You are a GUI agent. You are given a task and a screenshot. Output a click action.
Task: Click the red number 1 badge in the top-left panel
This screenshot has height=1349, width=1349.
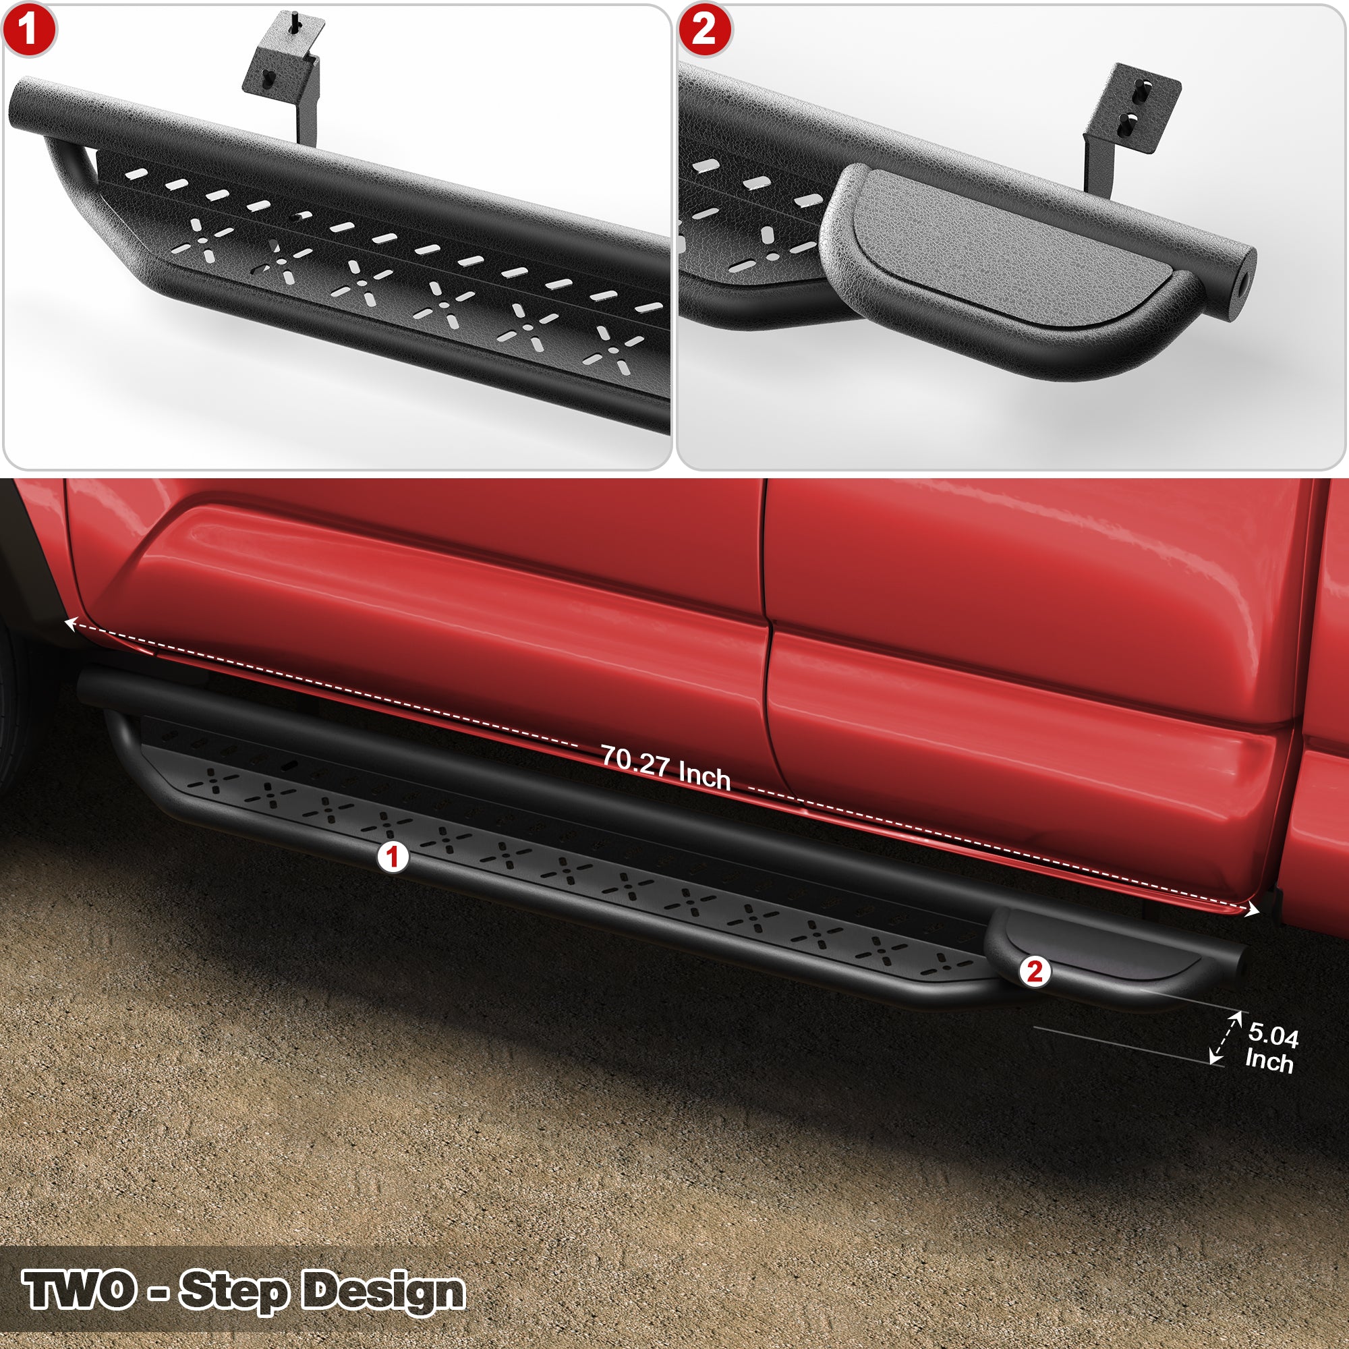tap(28, 30)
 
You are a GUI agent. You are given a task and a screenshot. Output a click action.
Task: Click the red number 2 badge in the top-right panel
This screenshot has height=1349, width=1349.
tap(704, 30)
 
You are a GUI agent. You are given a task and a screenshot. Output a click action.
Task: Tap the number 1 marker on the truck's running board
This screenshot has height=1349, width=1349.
tap(393, 857)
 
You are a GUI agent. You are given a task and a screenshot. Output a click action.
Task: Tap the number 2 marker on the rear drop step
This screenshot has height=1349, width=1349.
tap(1035, 971)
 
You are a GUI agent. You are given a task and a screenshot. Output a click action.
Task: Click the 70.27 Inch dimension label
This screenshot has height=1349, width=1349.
tap(666, 768)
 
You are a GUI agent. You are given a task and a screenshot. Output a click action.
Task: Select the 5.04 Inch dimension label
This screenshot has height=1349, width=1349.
tap(1271, 1048)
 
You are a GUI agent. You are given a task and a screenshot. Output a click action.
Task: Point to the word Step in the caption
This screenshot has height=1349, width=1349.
tap(233, 1291)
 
